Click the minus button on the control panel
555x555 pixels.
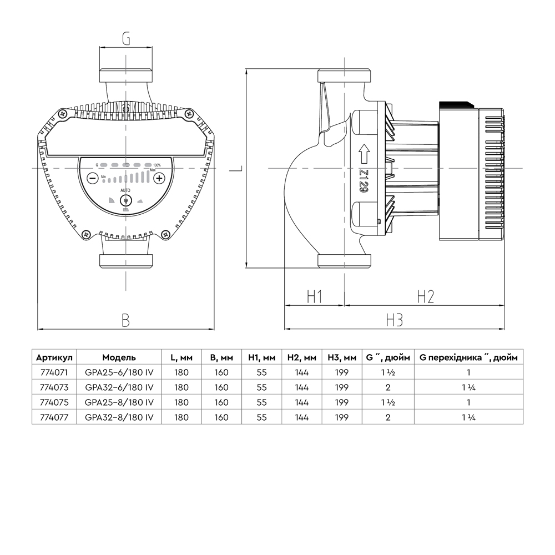pos(92,178)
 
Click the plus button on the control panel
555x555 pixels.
pos(159,178)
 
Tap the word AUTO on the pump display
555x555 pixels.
pos(125,190)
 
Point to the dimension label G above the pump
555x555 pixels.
pos(126,39)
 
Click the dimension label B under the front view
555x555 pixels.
pos(126,320)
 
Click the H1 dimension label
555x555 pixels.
pos(315,296)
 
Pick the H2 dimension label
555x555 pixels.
pos(425,296)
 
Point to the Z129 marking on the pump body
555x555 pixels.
pos(364,181)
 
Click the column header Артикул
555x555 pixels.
pos(54,357)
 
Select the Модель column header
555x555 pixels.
pos(119,357)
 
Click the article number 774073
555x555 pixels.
pos(54,387)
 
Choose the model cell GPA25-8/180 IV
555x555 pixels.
pos(119,402)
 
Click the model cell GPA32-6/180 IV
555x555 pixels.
pos(119,387)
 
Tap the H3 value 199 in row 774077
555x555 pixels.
pos(342,417)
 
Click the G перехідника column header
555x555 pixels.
pos(468,357)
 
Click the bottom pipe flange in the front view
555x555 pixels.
pos(125,261)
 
